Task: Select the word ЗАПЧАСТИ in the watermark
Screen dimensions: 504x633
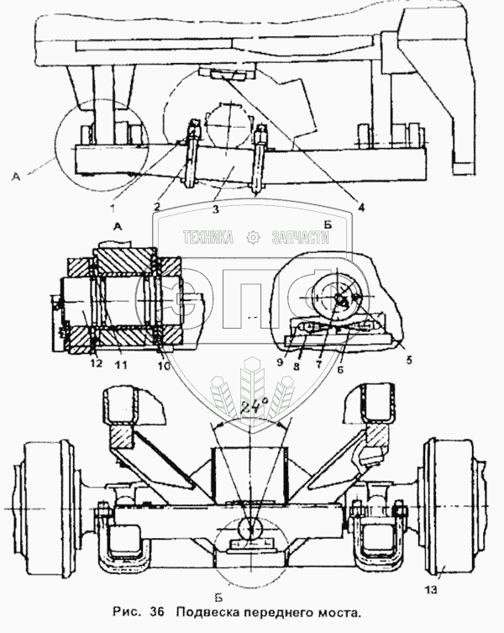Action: [300, 238]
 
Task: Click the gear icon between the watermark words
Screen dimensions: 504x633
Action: [251, 238]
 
